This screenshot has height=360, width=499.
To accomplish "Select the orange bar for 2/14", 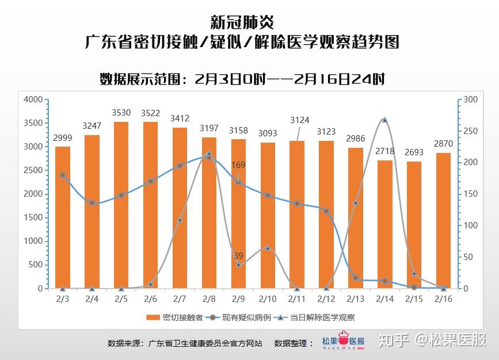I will (x=384, y=224).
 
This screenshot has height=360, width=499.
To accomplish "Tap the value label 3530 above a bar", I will (x=121, y=112).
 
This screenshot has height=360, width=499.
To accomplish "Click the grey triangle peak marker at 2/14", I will (x=384, y=120).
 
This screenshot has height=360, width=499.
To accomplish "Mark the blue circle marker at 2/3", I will (x=63, y=175).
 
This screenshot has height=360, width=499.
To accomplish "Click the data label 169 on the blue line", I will (x=238, y=165).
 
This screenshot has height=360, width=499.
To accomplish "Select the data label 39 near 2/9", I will (x=238, y=255).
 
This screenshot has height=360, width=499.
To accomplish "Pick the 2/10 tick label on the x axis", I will (x=268, y=299).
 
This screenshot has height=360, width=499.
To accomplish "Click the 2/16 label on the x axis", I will (x=443, y=299).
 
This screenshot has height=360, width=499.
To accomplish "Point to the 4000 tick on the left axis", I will (x=33, y=99).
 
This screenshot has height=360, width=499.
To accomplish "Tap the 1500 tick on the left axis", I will (x=33, y=218).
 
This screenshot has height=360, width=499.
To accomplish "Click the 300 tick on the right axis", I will (x=471, y=99).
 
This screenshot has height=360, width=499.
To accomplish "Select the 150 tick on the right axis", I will (x=471, y=194).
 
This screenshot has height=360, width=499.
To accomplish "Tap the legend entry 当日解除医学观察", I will (x=322, y=317).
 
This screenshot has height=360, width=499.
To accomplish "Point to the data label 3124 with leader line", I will (x=300, y=120).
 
